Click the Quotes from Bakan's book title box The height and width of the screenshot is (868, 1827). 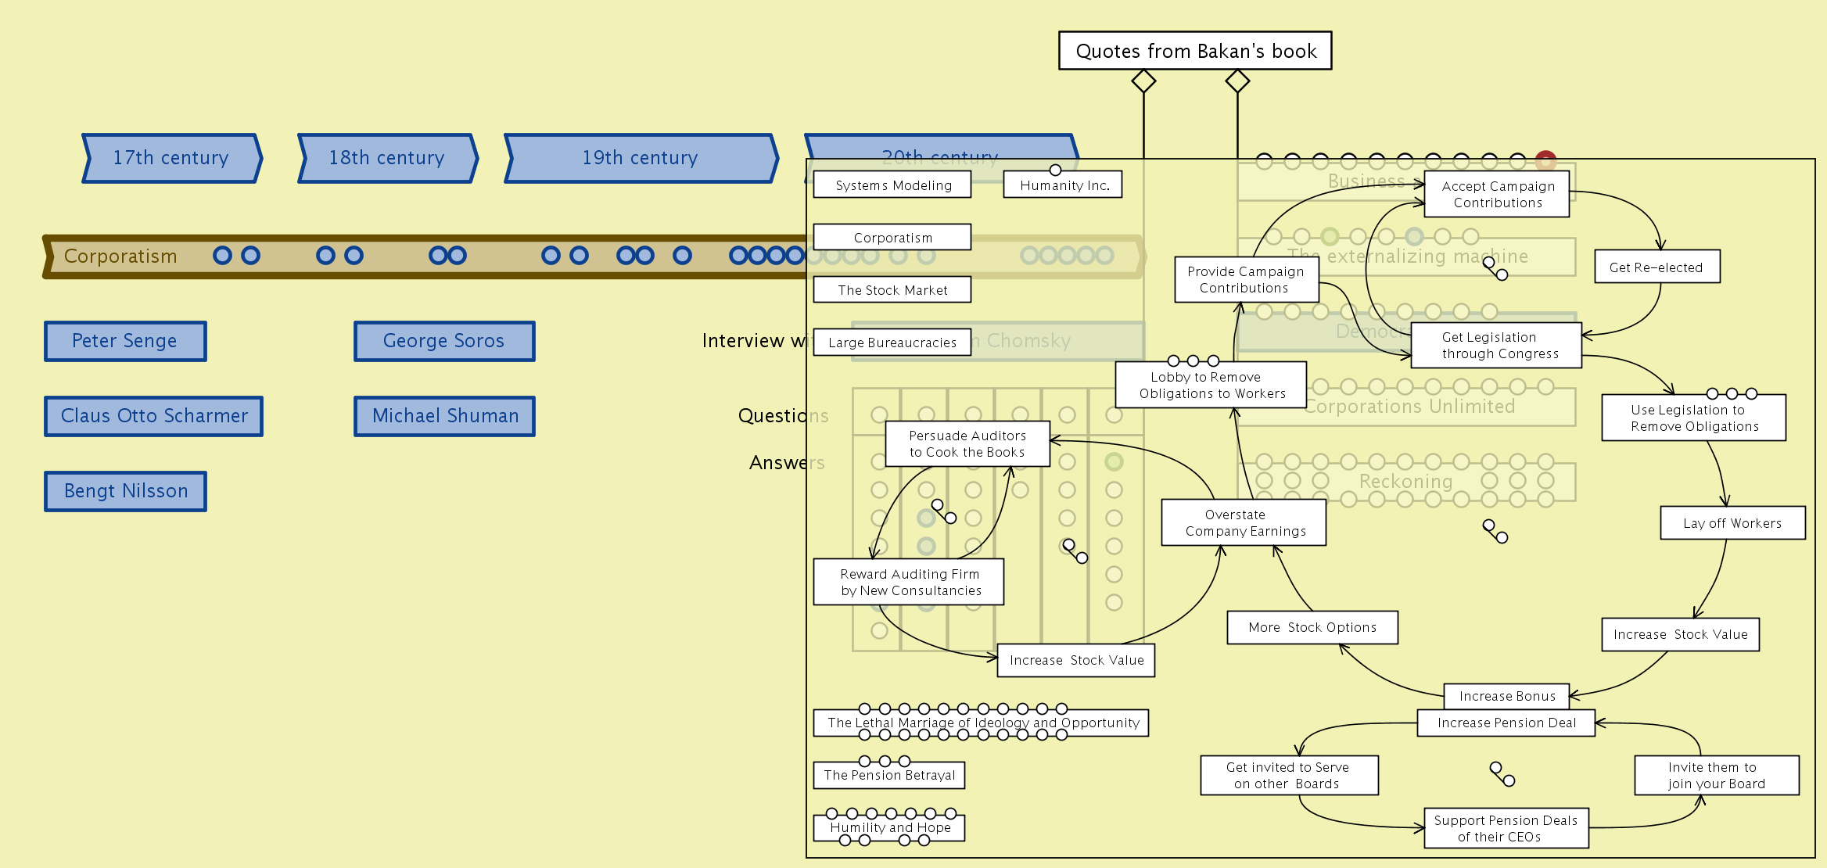click(x=1195, y=51)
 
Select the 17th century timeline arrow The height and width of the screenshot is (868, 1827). click(x=171, y=158)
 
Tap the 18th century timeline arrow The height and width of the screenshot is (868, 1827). click(x=387, y=158)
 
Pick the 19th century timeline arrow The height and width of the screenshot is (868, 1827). click(x=641, y=158)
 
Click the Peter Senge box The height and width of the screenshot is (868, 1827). click(x=125, y=341)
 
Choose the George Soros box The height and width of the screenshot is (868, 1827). click(x=444, y=341)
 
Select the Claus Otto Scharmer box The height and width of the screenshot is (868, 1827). click(x=154, y=416)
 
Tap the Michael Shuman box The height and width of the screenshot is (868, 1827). click(x=444, y=416)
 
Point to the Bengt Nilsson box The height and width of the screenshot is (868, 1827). click(x=125, y=491)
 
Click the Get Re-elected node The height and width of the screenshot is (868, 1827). click(x=1657, y=267)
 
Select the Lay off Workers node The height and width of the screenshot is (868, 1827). click(x=1732, y=523)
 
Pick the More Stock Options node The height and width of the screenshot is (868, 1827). click(x=1312, y=627)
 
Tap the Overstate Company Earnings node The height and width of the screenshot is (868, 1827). click(x=1244, y=522)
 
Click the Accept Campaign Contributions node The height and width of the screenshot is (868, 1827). click(x=1497, y=194)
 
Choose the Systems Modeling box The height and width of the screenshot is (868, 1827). click(x=892, y=185)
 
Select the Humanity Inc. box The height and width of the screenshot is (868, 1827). click(x=1063, y=185)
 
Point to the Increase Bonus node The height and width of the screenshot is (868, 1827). click(x=1506, y=695)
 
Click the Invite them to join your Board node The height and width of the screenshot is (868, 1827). click(x=1716, y=775)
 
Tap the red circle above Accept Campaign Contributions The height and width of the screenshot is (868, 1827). click(x=1545, y=160)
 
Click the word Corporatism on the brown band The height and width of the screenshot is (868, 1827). click(x=120, y=256)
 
